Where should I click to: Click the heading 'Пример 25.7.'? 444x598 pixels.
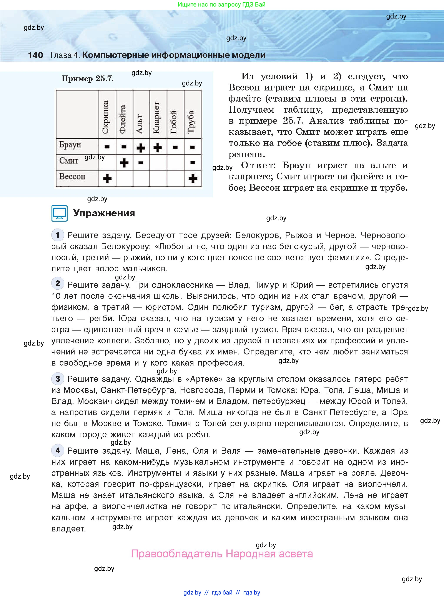[x=87, y=79]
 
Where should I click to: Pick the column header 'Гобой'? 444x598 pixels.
[x=174, y=122]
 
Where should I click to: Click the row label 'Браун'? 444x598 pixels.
[x=70, y=145]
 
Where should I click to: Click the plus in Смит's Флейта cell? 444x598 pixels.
[x=124, y=163]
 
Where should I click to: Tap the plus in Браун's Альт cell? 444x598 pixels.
[x=141, y=148]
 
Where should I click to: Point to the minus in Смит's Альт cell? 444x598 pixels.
[x=141, y=163]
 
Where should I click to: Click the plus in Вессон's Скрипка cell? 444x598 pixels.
[x=107, y=179]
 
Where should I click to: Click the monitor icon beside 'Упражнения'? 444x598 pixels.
[x=59, y=214]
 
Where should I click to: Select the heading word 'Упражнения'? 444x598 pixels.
[x=104, y=213]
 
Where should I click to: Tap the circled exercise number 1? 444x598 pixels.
[x=58, y=235]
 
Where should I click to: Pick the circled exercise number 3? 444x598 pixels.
[x=58, y=379]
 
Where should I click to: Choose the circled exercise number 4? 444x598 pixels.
[x=58, y=451]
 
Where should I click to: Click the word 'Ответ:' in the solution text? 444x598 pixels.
[x=258, y=165]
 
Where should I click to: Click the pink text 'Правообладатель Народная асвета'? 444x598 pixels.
[x=222, y=554]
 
